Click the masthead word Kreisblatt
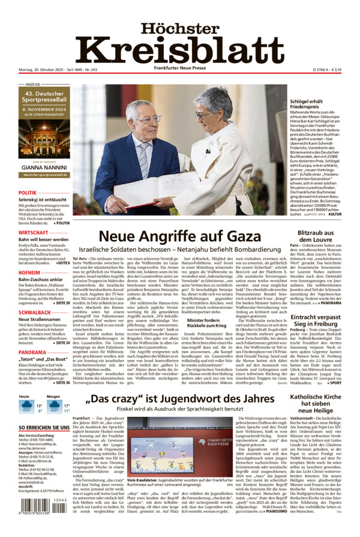179,50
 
